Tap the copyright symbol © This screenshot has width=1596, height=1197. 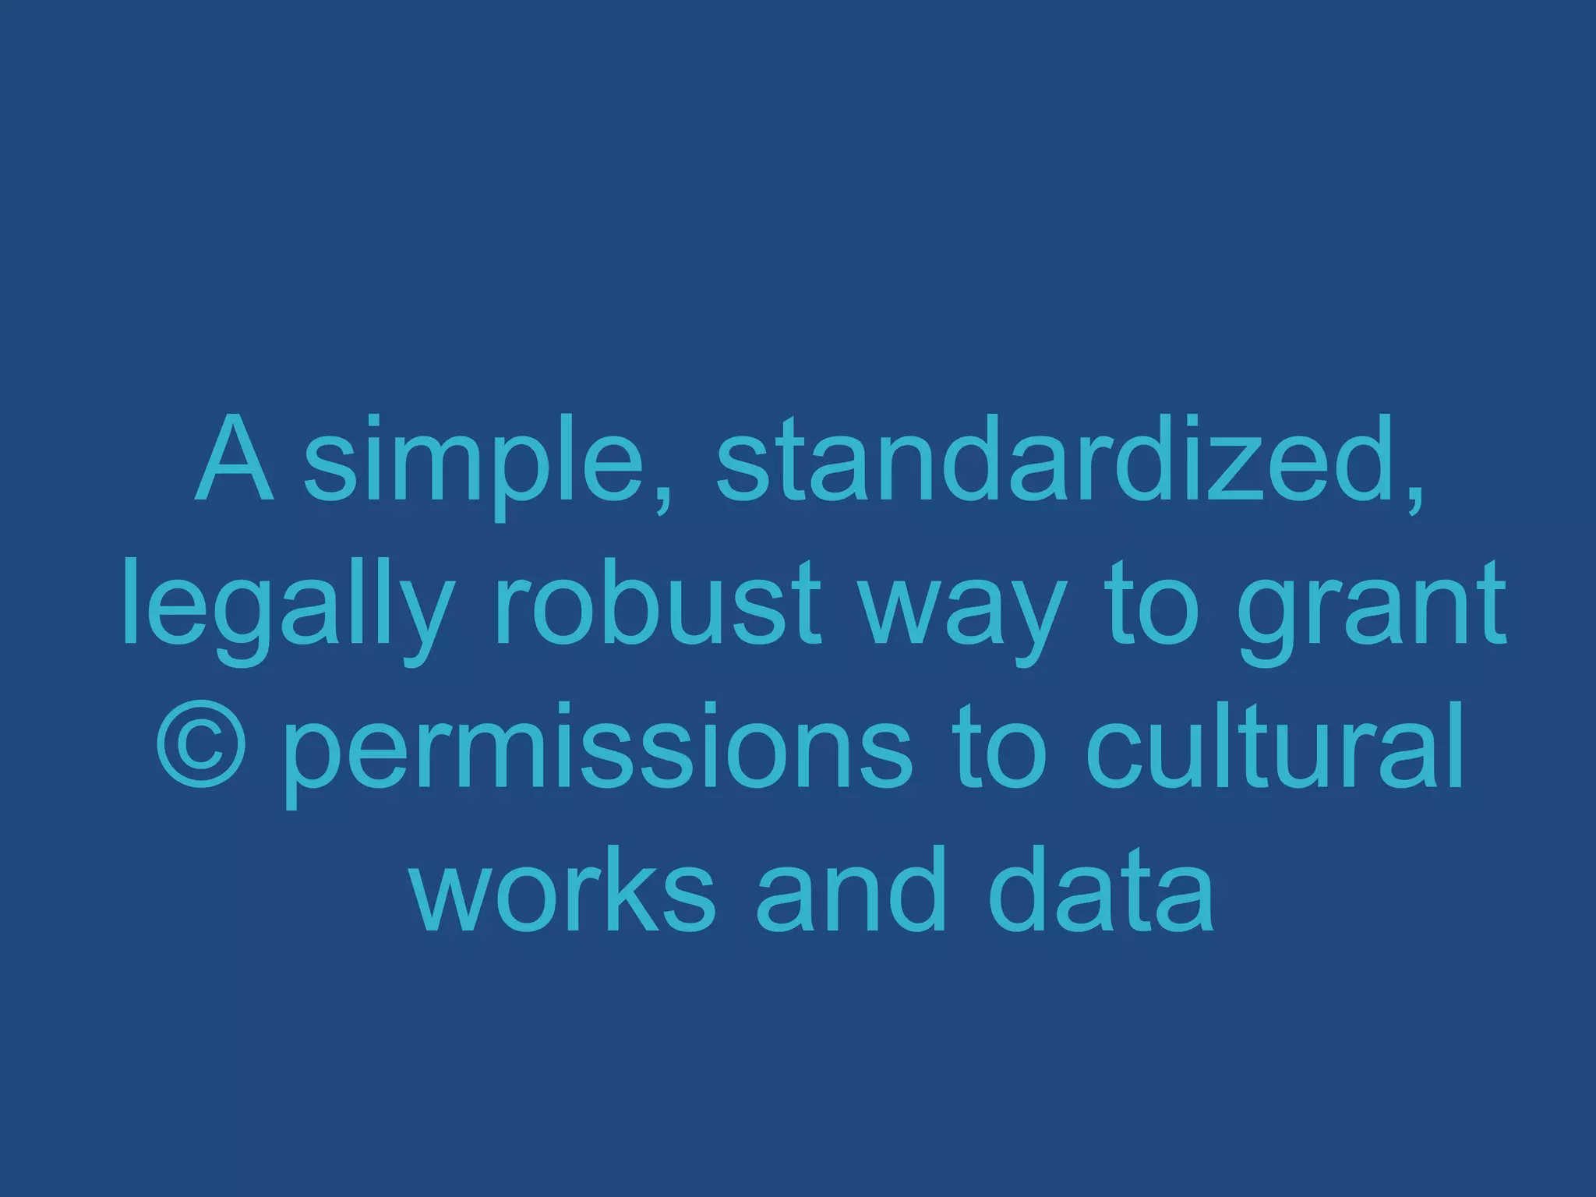pos(202,746)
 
